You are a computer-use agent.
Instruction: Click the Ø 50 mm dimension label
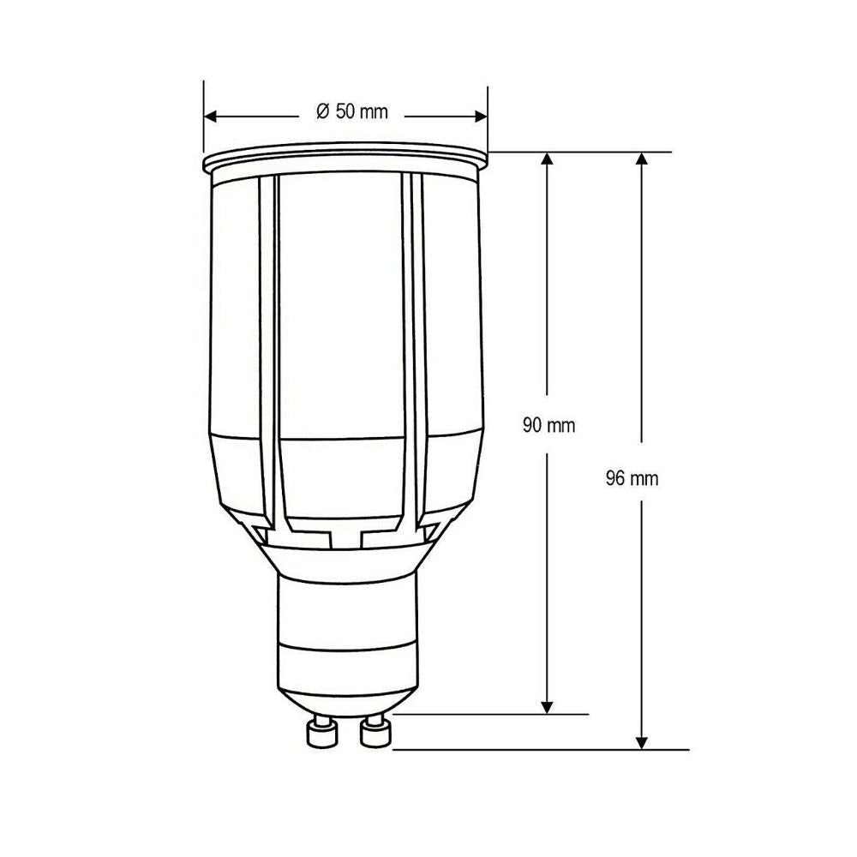pos(351,112)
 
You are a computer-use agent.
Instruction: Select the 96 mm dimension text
pos(632,479)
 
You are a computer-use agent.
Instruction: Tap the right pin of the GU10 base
pos(375,733)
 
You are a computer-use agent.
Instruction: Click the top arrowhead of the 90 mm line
pos(547,159)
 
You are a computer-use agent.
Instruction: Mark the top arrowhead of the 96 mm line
pos(642,159)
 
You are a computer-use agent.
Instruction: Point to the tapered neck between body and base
pos(347,557)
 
